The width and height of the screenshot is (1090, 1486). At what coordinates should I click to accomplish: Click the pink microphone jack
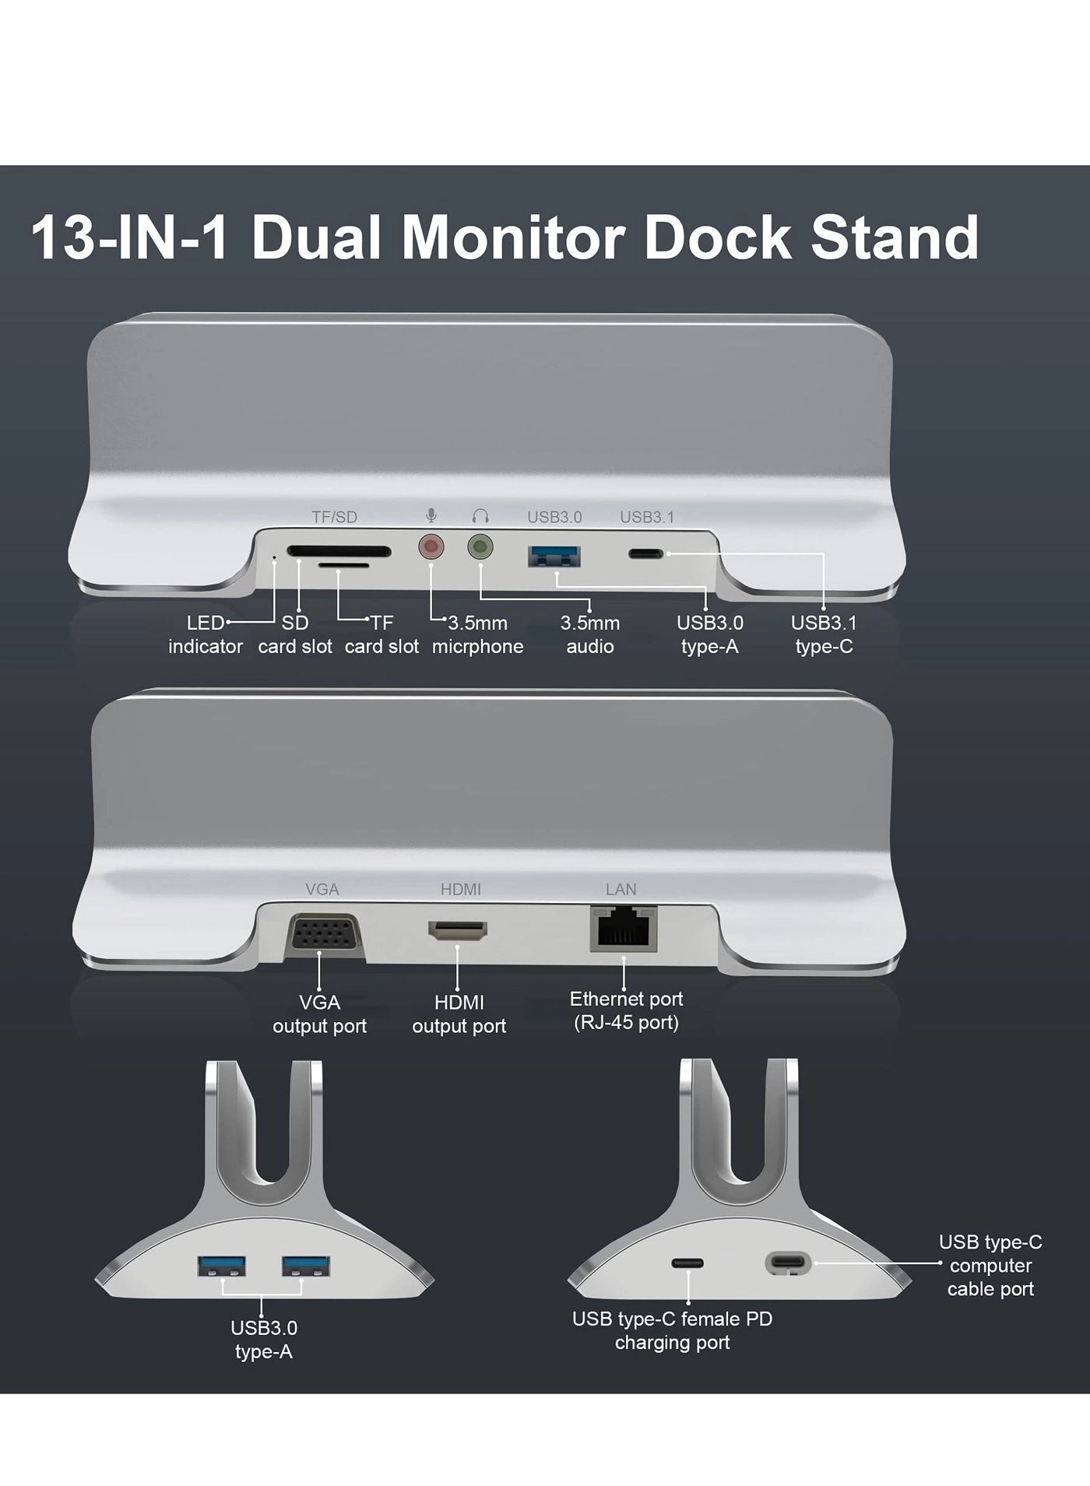[431, 547]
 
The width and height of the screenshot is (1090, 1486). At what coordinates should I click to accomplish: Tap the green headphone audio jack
[480, 547]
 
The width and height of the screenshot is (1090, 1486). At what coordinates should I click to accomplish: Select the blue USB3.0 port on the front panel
[554, 556]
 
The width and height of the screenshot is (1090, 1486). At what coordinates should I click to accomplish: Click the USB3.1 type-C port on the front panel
[646, 554]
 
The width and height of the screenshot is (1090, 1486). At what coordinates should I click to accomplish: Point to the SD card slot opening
[339, 551]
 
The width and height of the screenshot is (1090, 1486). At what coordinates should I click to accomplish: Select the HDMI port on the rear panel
[458, 930]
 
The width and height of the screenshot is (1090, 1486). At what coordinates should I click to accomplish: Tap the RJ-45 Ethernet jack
[624, 929]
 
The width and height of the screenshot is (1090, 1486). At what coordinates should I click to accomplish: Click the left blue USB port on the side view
[223, 1266]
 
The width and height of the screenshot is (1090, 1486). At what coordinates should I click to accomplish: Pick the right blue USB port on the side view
[306, 1266]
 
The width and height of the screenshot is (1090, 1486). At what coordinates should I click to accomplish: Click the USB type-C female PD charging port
[687, 1264]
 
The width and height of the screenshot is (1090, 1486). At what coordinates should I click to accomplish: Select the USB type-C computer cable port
[788, 1263]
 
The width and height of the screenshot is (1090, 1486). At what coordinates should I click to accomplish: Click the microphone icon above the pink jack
[431, 515]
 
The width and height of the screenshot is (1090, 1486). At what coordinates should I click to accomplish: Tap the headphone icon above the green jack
[480, 516]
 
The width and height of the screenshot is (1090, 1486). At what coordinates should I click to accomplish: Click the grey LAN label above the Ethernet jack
[621, 889]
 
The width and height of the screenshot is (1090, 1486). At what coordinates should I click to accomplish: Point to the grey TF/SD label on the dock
[334, 517]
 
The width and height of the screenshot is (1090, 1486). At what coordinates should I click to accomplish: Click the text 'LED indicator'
[206, 634]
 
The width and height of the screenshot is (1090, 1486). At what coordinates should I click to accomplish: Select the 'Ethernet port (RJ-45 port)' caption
[626, 1010]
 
